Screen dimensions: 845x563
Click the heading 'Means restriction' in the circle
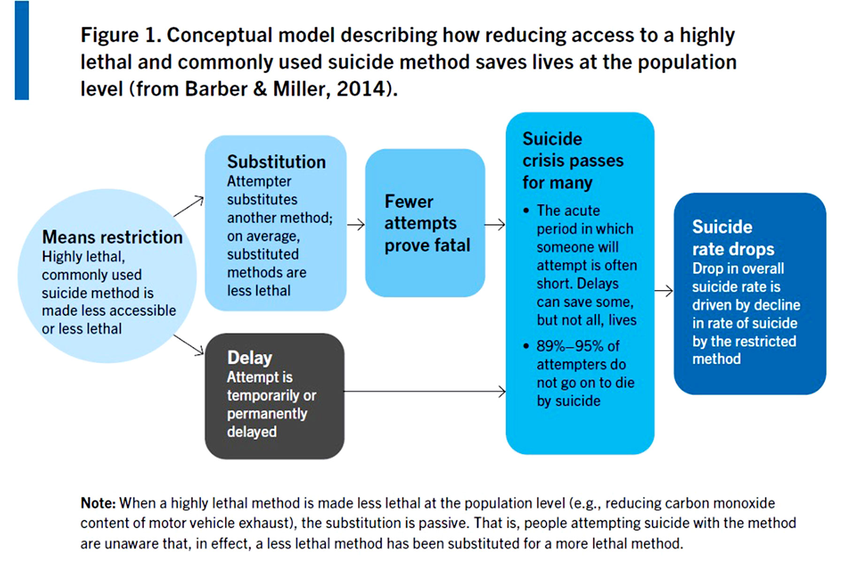(112, 237)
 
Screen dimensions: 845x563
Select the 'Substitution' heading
(277, 162)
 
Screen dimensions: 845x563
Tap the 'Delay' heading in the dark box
(250, 358)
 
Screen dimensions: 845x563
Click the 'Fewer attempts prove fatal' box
(425, 223)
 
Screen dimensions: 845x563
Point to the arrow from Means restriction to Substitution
(189, 206)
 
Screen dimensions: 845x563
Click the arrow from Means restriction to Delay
(189, 345)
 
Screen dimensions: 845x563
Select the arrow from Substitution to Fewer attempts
(356, 225)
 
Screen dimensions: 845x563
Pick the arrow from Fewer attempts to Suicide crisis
(495, 225)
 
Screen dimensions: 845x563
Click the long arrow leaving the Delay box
(425, 391)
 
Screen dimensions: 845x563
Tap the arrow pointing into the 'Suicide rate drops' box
(664, 291)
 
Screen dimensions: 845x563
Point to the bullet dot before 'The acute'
(526, 211)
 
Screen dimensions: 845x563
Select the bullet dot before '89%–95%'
(526, 346)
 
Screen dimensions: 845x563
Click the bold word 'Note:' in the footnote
(98, 503)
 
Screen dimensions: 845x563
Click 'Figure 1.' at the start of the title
(121, 35)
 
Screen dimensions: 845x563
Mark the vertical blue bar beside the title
(22, 50)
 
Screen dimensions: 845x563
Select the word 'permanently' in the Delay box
(267, 414)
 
